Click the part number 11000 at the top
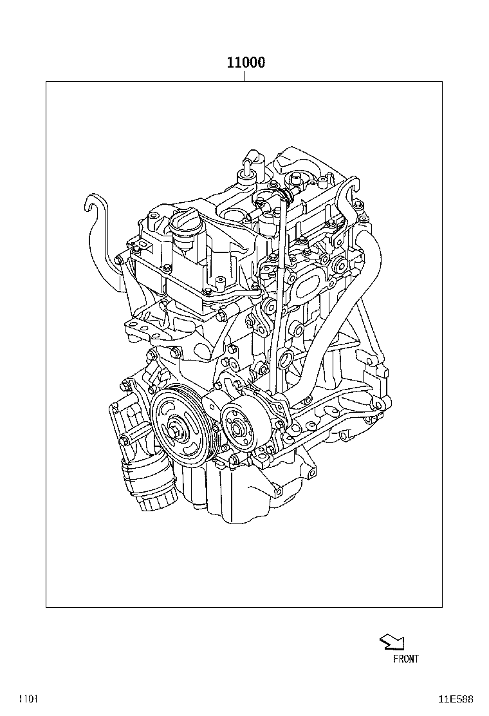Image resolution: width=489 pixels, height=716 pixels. (245, 62)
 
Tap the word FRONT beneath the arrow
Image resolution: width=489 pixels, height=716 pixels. (405, 659)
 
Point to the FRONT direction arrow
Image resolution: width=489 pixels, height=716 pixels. (392, 641)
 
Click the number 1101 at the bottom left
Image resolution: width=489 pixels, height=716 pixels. (28, 699)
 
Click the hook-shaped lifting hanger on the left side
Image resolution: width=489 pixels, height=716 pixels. (97, 219)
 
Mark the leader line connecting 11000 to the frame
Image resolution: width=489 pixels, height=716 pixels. (245, 76)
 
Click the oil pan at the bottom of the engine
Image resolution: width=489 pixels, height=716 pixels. (244, 489)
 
